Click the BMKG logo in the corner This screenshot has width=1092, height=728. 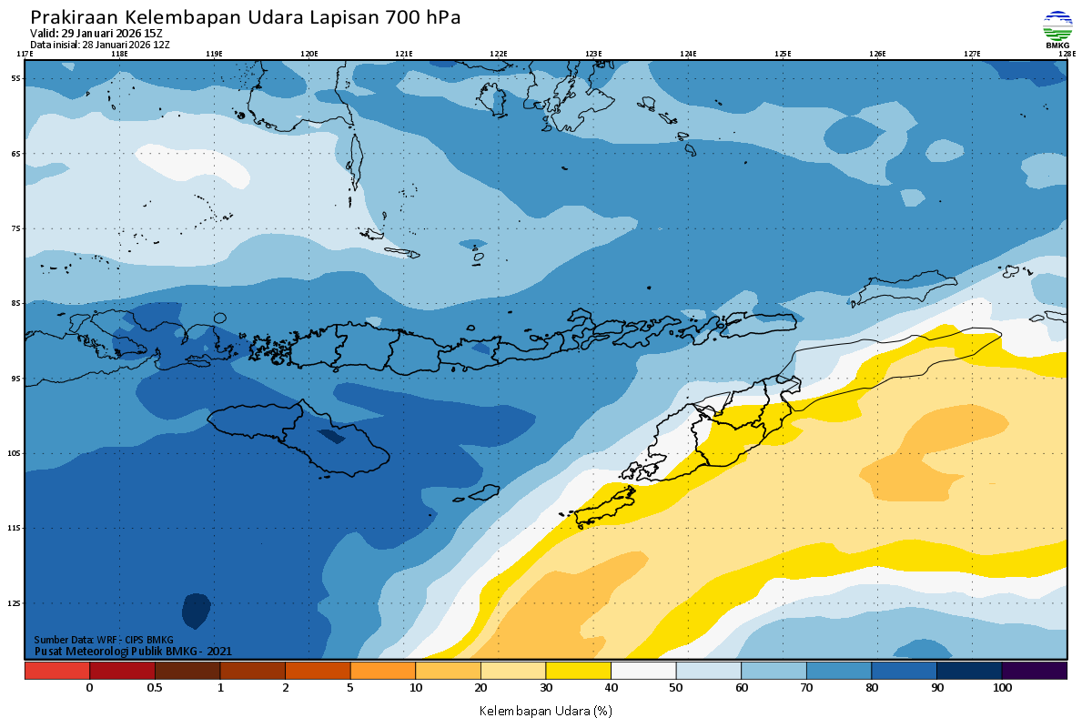(1057, 29)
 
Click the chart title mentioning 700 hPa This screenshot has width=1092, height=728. (246, 17)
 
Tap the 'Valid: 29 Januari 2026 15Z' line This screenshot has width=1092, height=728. (96, 34)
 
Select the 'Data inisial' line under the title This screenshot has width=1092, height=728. (100, 44)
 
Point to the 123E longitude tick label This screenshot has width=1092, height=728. (593, 54)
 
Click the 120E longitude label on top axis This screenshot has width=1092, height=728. (309, 54)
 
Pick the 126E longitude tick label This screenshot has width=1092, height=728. (877, 54)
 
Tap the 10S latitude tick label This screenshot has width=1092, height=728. (15, 453)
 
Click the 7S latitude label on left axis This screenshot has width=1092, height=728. (15, 228)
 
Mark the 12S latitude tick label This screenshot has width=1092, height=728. (15, 603)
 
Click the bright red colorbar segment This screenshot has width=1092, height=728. (56, 671)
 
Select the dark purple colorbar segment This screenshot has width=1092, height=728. (1035, 671)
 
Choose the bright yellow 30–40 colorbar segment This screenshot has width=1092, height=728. (578, 671)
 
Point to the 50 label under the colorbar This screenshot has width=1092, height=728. (676, 688)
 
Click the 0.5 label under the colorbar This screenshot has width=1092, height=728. (155, 688)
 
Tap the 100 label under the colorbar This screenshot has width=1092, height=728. (1002, 688)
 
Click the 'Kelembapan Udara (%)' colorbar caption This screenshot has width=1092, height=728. (545, 710)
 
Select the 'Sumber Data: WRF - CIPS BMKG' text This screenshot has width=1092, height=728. (104, 641)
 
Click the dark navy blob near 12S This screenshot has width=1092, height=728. (196, 610)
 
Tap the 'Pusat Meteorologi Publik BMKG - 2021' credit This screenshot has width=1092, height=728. (133, 651)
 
